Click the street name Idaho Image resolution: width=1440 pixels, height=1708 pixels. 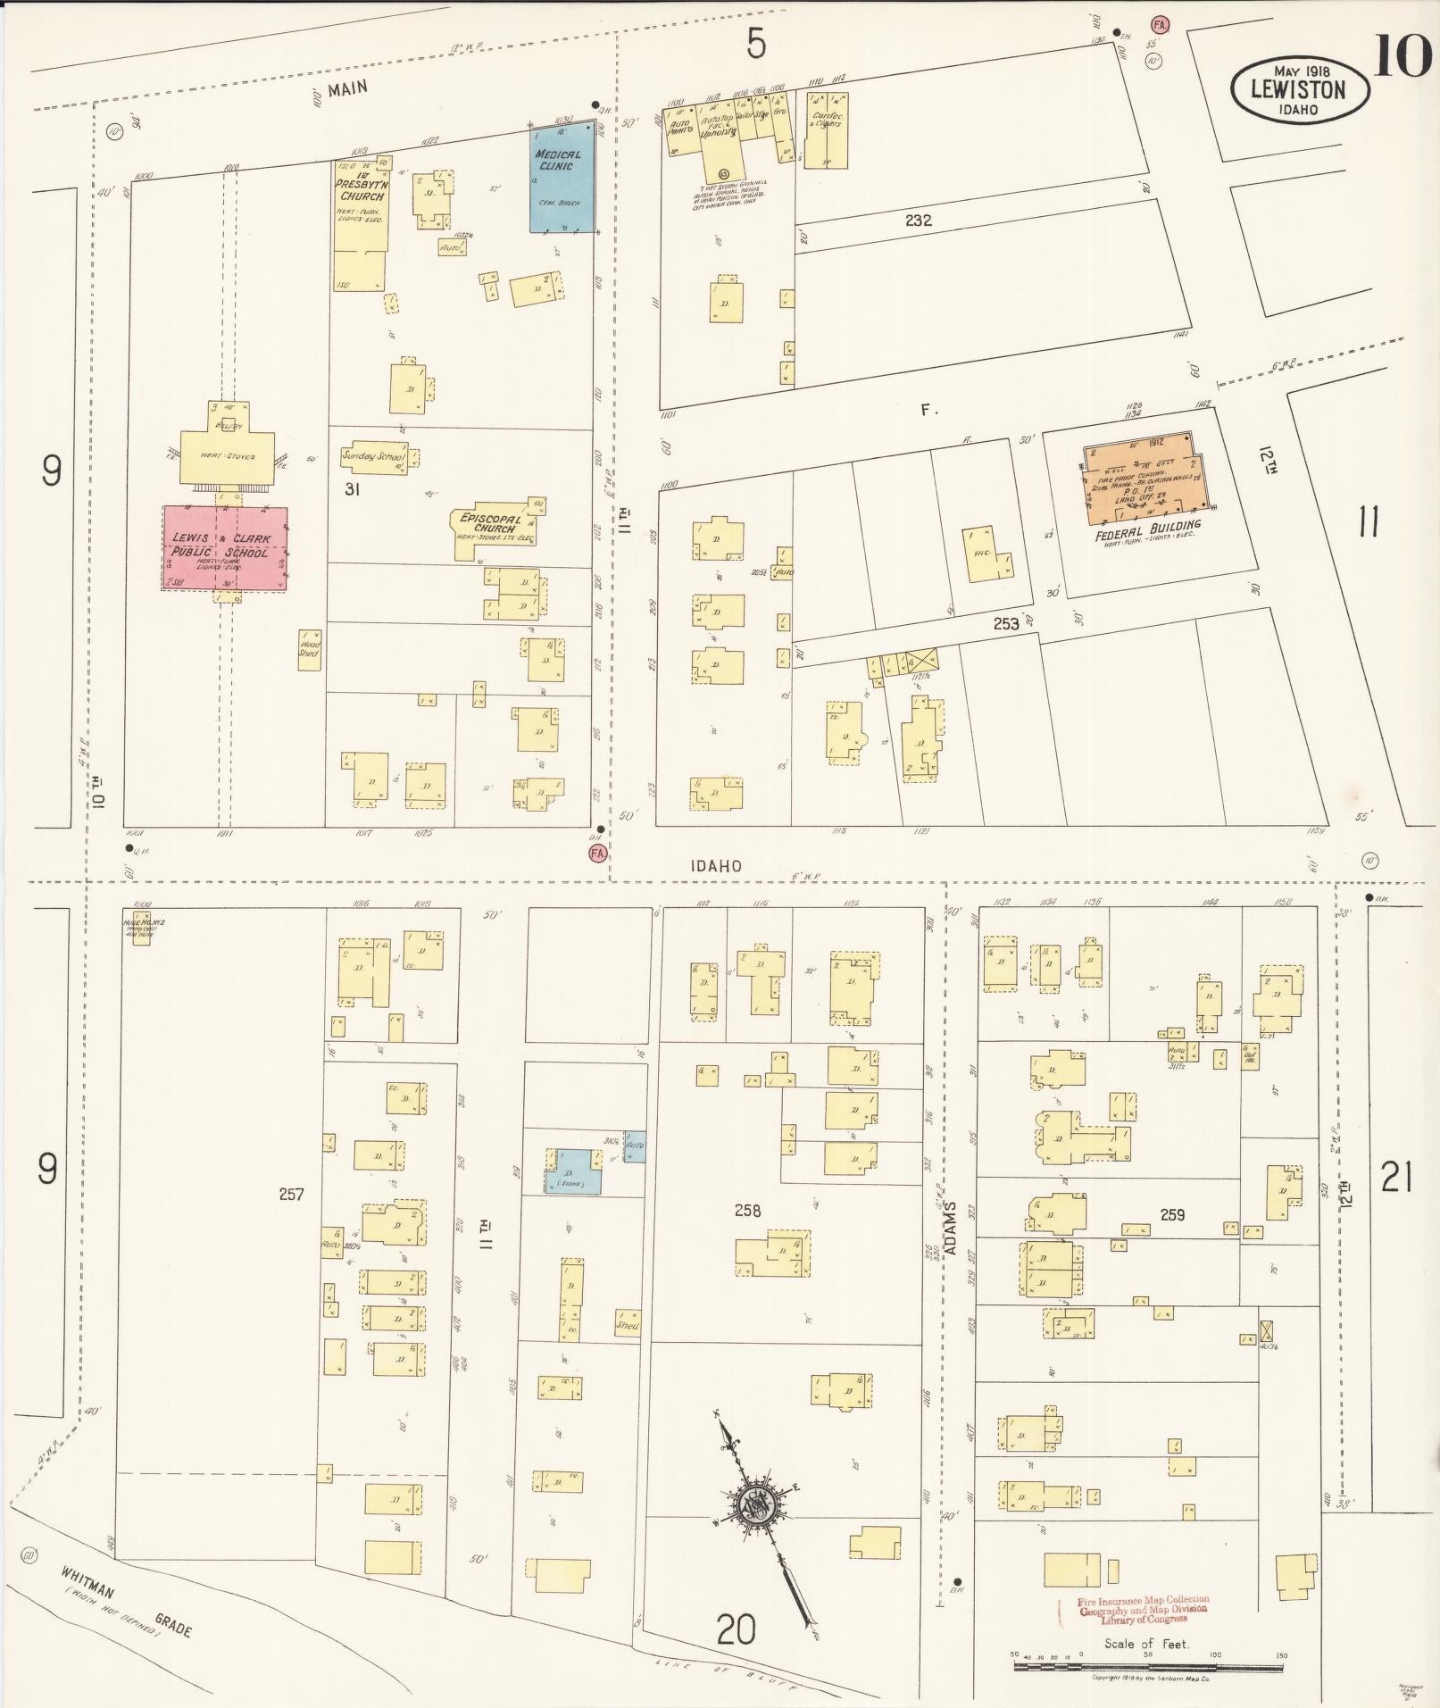point(716,866)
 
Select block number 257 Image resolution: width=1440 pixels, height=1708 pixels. point(291,1194)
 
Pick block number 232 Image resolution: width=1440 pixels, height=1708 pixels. point(918,220)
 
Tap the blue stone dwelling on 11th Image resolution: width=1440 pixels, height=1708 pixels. point(572,1171)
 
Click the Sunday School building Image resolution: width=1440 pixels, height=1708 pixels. point(374,456)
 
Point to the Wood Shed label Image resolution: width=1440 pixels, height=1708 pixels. point(309,648)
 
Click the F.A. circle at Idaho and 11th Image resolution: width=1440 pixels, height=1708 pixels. point(597,854)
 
